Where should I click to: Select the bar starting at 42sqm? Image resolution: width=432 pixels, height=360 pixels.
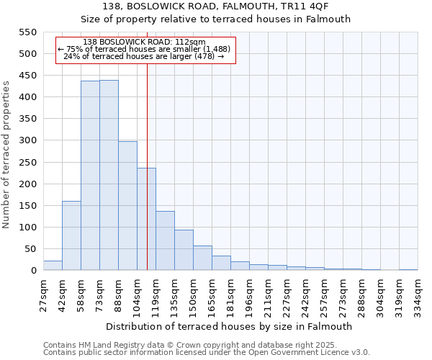click(71, 235)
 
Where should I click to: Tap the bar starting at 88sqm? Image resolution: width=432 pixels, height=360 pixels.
click(127, 206)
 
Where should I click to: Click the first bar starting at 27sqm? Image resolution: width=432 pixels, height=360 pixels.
click(53, 266)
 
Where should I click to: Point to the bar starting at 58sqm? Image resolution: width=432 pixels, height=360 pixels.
click(90, 176)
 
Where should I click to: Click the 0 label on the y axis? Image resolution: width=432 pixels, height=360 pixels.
click(33, 271)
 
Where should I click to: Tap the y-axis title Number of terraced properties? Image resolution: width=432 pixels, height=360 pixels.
click(6, 155)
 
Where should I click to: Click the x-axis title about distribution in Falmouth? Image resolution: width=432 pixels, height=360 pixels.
click(230, 326)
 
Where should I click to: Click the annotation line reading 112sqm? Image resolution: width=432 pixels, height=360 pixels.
click(144, 42)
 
